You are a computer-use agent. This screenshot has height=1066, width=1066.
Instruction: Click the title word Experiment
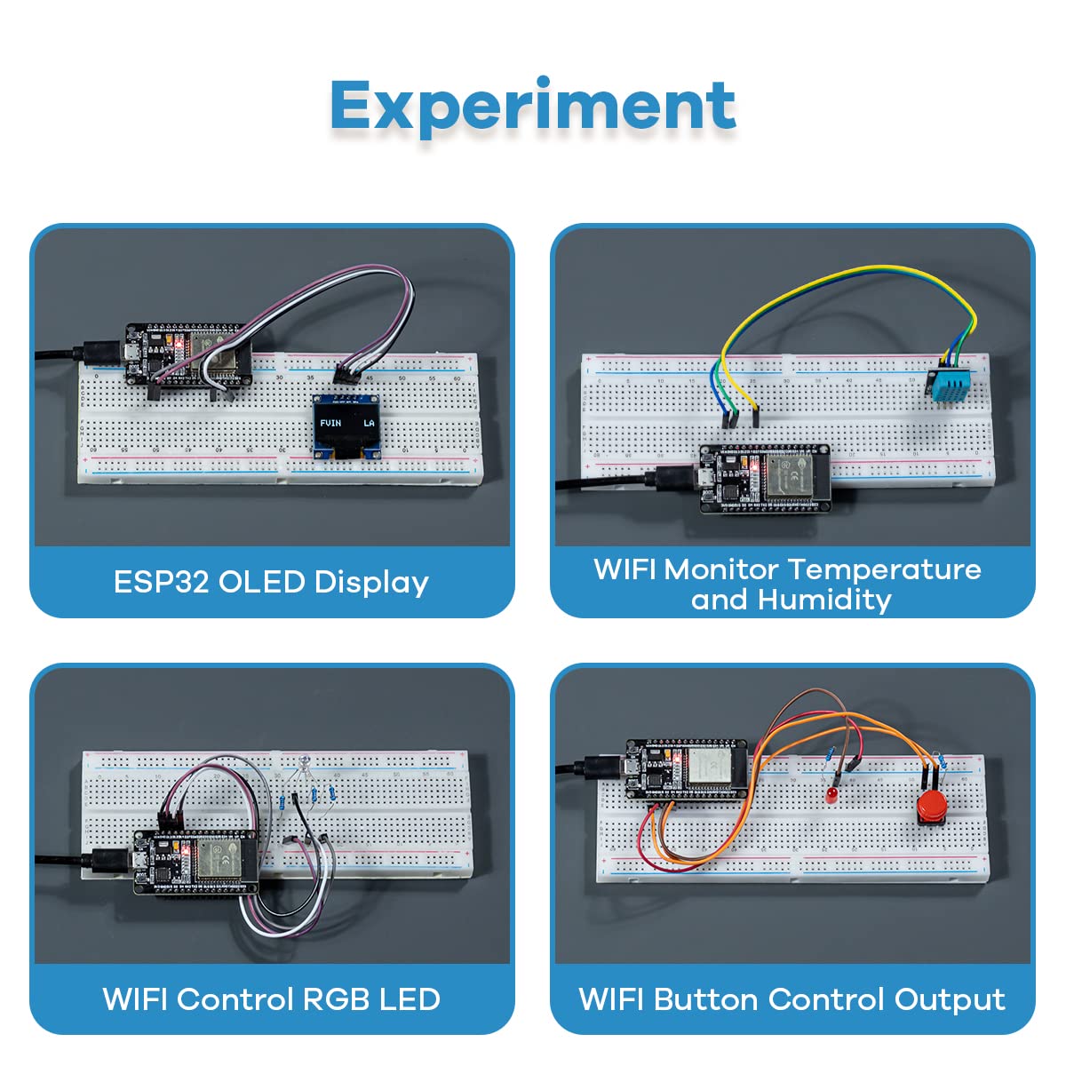(x=533, y=107)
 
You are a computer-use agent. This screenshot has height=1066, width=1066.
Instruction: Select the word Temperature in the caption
(x=885, y=569)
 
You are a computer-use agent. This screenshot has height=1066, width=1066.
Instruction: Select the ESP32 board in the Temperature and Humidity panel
(x=764, y=477)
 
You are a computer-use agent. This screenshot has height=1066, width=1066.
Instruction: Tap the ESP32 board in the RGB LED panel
(x=195, y=860)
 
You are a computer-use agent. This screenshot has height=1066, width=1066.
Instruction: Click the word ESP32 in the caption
(x=162, y=582)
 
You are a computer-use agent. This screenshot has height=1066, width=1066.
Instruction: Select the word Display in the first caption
(x=371, y=582)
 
